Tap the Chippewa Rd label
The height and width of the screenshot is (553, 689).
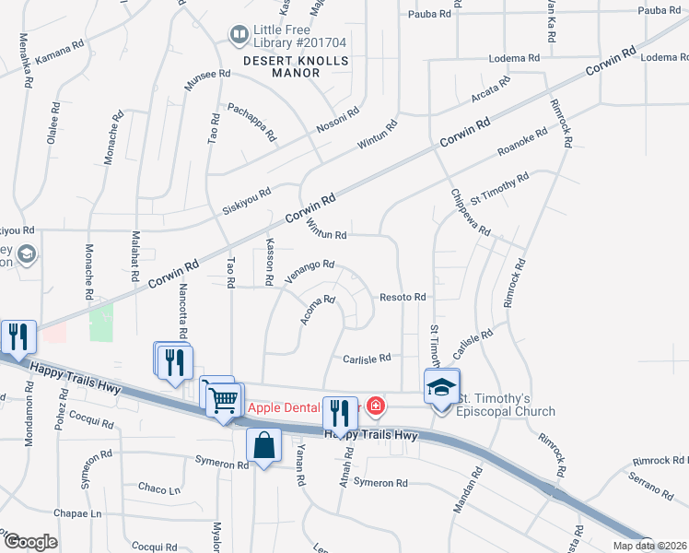[x=471, y=213]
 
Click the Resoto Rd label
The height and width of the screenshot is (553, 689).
[x=403, y=298]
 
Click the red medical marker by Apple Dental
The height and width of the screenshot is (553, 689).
[x=375, y=406]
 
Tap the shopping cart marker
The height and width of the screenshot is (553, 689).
[x=223, y=400]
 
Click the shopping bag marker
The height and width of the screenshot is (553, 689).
[x=264, y=445]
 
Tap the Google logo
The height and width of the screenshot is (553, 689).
[x=30, y=543]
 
